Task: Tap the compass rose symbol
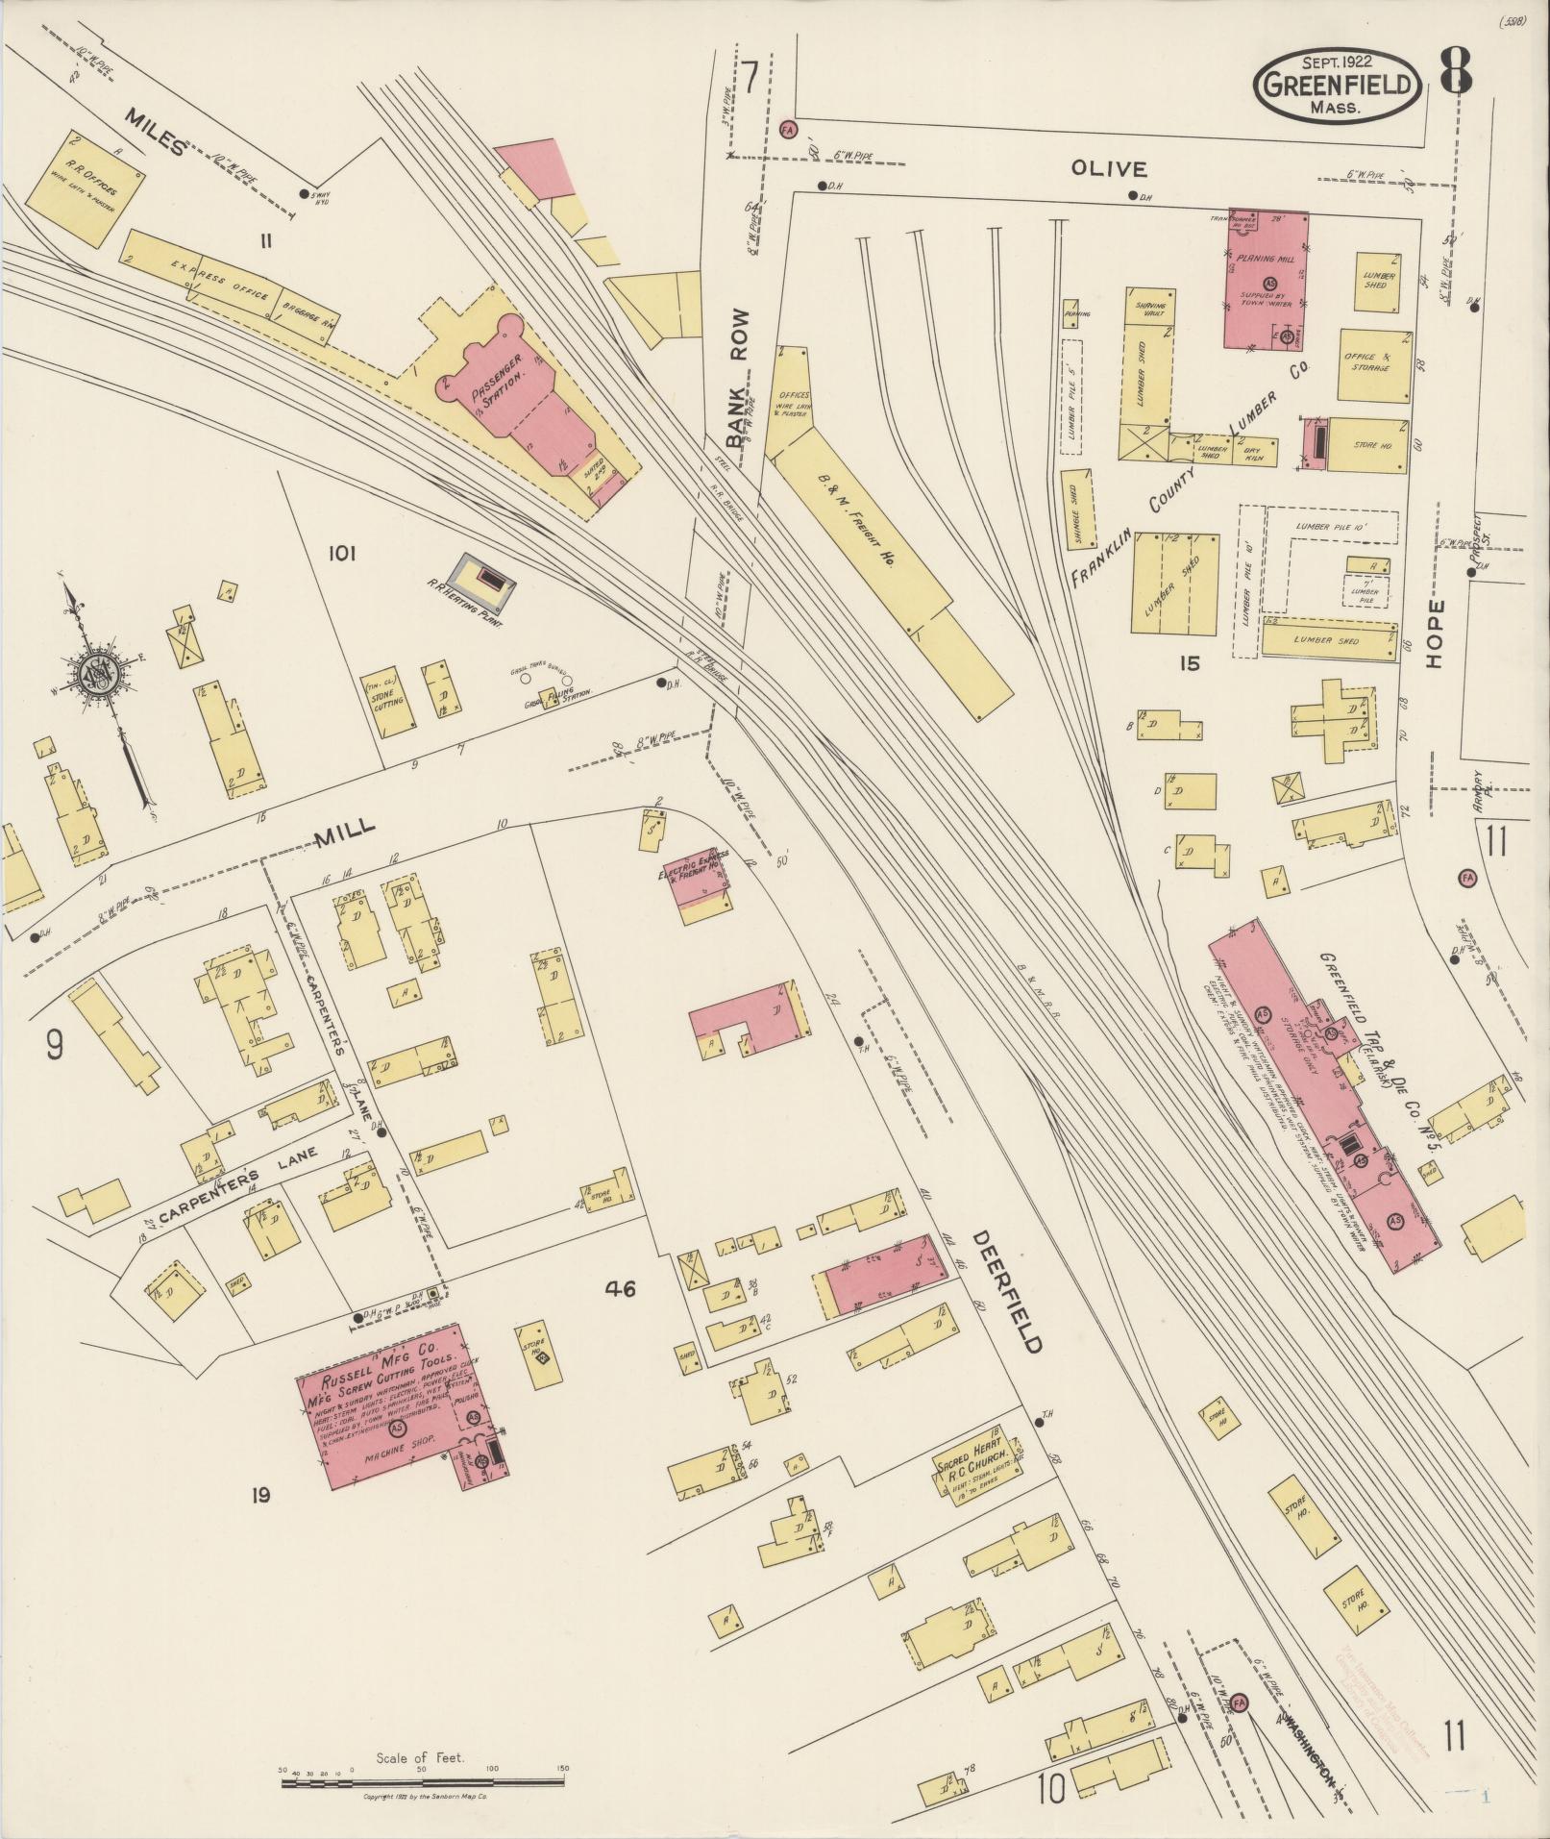click(x=97, y=672)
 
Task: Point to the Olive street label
click(x=1109, y=169)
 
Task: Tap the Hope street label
click(x=1436, y=634)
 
